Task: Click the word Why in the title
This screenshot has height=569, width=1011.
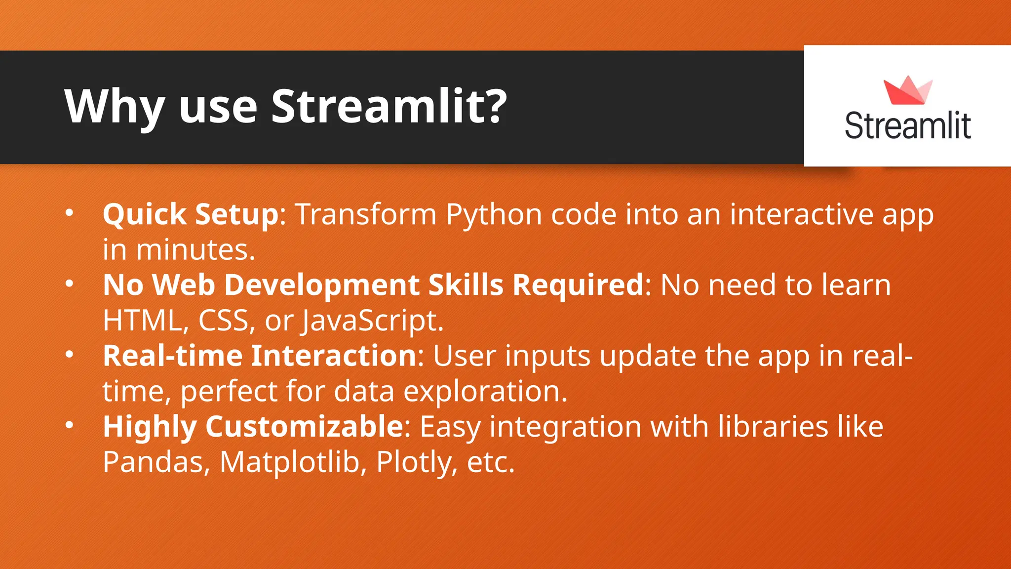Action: tap(115, 107)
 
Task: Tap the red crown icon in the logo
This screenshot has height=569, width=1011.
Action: tap(907, 91)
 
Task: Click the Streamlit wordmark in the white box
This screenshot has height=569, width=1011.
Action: tap(907, 126)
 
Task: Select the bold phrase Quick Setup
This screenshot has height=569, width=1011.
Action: tap(191, 214)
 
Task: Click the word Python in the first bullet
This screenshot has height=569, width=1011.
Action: tap(494, 215)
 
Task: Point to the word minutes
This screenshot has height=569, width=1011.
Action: tap(195, 250)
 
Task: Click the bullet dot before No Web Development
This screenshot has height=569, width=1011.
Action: tap(70, 284)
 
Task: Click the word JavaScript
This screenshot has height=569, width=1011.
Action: tap(373, 321)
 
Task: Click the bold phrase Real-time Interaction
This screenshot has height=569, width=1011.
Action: tap(260, 356)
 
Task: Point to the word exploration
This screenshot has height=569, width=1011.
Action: tap(485, 392)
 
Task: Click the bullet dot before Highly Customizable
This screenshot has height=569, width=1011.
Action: tap(70, 425)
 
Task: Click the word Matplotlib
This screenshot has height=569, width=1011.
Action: tap(289, 462)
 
